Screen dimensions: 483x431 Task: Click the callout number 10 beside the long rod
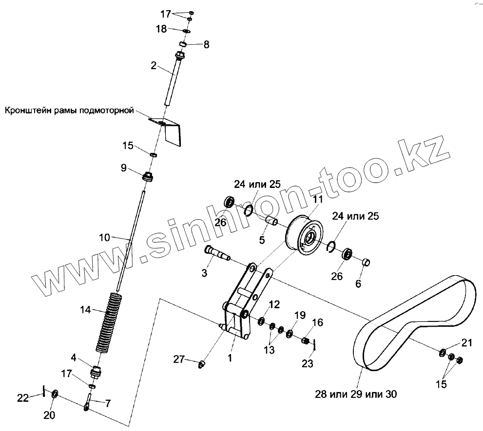[105, 238]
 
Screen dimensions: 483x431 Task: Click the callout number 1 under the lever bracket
[230, 357]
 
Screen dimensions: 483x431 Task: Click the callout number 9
[124, 168]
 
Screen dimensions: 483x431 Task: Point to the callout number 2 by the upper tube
[154, 66]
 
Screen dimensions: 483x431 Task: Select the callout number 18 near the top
[161, 29]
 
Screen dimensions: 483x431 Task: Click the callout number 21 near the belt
[467, 343]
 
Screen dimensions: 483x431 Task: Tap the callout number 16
[317, 322]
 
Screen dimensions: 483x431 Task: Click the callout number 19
[299, 316]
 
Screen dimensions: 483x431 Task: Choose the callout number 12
[274, 305]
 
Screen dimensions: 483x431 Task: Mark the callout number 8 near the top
[206, 45]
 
